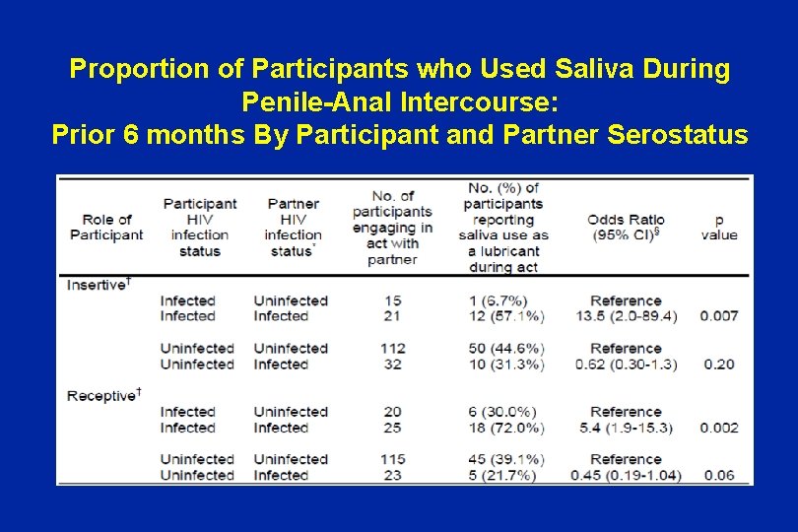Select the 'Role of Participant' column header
[x=106, y=227]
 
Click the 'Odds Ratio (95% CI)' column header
[x=626, y=227]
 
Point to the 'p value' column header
[x=719, y=227]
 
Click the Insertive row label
[x=99, y=285]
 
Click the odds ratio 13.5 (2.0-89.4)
[x=626, y=316]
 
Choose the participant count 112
[x=392, y=348]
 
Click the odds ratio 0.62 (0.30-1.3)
[x=626, y=364]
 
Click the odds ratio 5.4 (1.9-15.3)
[x=626, y=428]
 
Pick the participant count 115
[x=392, y=459]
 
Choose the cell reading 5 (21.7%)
[x=501, y=475]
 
